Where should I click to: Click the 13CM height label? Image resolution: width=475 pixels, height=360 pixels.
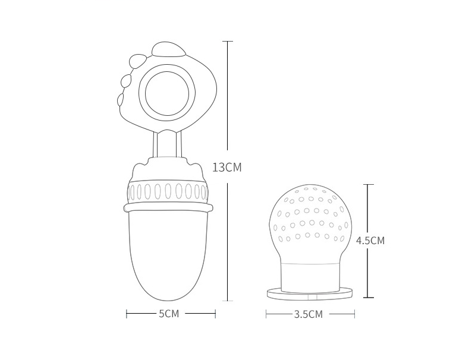pyautogui.click(x=227, y=167)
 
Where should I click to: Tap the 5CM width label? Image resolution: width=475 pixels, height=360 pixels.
pyautogui.click(x=169, y=314)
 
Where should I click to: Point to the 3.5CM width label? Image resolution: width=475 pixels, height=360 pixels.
pyautogui.click(x=309, y=314)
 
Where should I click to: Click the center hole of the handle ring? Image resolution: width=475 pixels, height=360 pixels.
pyautogui.click(x=167, y=93)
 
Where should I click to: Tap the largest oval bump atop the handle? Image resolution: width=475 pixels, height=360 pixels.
pyautogui.click(x=169, y=49)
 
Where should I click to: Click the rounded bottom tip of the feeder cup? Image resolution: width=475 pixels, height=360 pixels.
pyautogui.click(x=168, y=300)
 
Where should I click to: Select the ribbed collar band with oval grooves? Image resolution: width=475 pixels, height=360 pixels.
pyautogui.click(x=168, y=192)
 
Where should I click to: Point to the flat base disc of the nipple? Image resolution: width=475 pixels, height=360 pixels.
pyautogui.click(x=310, y=293)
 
